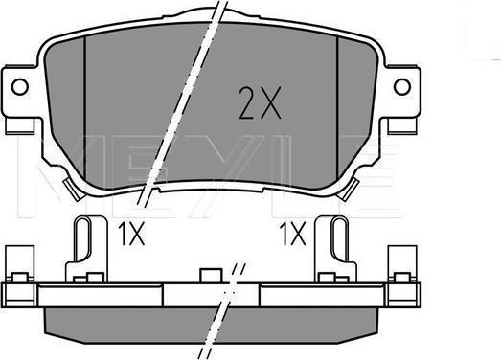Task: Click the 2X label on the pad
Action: pos(261,102)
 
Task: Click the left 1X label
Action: pos(131,234)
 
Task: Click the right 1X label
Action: pos(293,234)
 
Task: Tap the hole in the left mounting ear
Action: pos(20,87)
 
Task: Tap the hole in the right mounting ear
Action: pos(402,87)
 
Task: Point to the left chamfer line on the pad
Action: pos(84,108)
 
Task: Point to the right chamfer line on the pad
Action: pos(337,108)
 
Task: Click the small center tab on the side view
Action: pos(211,276)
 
